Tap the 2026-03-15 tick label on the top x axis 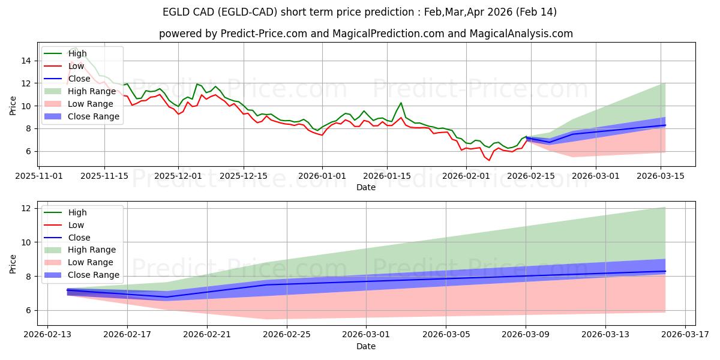[661, 176]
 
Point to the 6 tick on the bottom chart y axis [30, 311]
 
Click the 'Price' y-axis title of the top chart [13, 105]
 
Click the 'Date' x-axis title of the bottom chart [365, 347]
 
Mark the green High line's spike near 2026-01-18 [401, 103]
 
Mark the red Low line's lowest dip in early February [489, 160]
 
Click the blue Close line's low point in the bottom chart [167, 297]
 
